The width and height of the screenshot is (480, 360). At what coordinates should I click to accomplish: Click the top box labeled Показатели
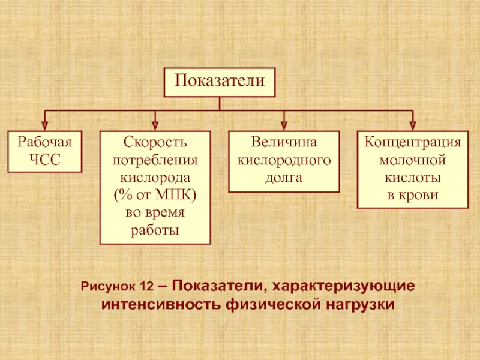(x=220, y=82)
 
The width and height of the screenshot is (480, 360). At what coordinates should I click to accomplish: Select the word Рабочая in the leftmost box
(x=44, y=143)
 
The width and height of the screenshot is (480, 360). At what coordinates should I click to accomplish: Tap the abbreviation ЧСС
(x=44, y=160)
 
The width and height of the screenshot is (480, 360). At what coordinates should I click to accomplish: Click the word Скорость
(x=155, y=143)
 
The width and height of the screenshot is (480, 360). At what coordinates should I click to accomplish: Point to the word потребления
(x=155, y=161)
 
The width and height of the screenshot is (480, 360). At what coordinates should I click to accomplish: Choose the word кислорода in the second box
(x=155, y=178)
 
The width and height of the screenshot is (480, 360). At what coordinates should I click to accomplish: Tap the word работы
(x=155, y=230)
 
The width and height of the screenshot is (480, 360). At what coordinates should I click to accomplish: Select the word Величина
(x=284, y=143)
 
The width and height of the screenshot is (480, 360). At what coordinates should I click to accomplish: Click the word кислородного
(x=284, y=161)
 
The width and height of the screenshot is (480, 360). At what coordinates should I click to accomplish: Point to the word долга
(x=284, y=178)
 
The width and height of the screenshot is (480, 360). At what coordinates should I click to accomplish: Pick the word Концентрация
(x=412, y=143)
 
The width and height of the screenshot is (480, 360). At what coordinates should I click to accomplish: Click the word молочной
(x=412, y=161)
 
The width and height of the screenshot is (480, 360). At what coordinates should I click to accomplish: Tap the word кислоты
(x=412, y=178)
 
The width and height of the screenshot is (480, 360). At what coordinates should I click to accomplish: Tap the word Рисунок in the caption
(x=110, y=287)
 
